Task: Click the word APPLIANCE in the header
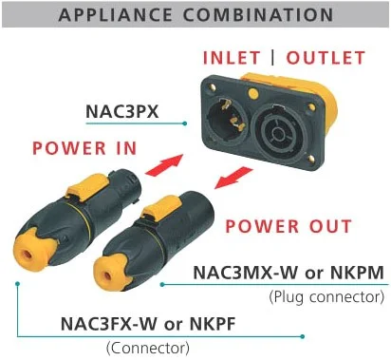click(x=116, y=14)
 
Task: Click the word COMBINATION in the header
click(x=258, y=14)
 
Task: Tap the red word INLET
click(x=232, y=58)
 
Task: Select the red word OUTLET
click(x=326, y=58)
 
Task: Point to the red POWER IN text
click(x=84, y=148)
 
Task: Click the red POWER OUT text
click(x=289, y=226)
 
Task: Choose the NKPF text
click(x=213, y=324)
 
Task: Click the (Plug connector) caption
click(x=326, y=297)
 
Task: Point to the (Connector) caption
click(x=148, y=348)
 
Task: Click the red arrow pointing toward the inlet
click(x=164, y=164)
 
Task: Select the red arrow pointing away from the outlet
click(x=233, y=178)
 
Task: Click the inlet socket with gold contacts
click(x=227, y=117)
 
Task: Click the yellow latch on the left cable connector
click(x=84, y=188)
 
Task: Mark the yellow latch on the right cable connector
click(x=160, y=207)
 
